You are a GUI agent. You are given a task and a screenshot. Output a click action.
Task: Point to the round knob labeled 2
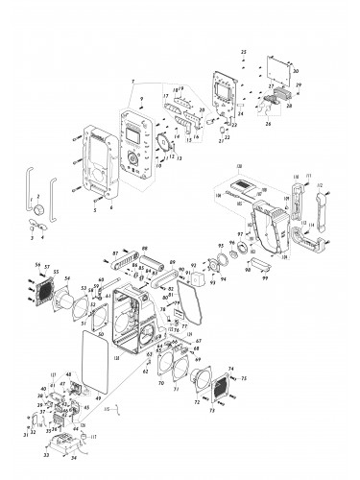tap(39, 208)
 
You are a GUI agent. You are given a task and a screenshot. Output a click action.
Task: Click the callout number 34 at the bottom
tap(73, 472)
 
